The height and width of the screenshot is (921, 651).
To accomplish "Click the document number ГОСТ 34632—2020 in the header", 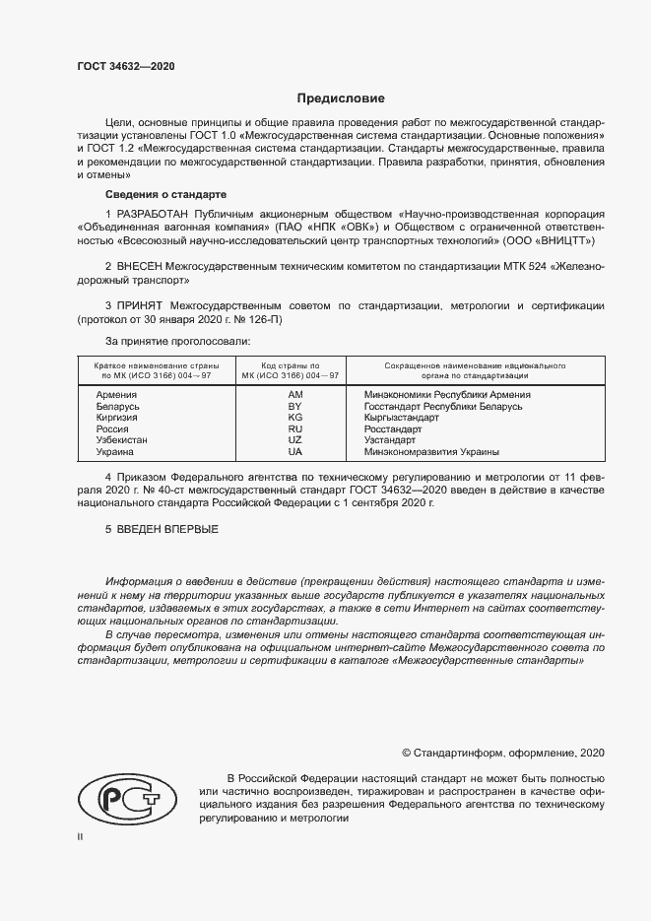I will [x=126, y=67].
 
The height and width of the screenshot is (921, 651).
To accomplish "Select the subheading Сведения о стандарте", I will [x=165, y=194].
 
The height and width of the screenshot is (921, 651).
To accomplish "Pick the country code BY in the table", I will [x=293, y=406].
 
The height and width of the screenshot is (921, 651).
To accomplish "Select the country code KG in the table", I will [x=293, y=418].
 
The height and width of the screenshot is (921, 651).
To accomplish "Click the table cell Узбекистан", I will [x=121, y=440].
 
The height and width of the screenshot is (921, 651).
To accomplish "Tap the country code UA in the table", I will [x=293, y=452].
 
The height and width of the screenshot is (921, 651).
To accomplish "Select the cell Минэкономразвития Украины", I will [x=431, y=452].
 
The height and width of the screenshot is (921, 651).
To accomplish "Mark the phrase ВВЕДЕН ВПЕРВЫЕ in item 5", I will [x=168, y=530].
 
